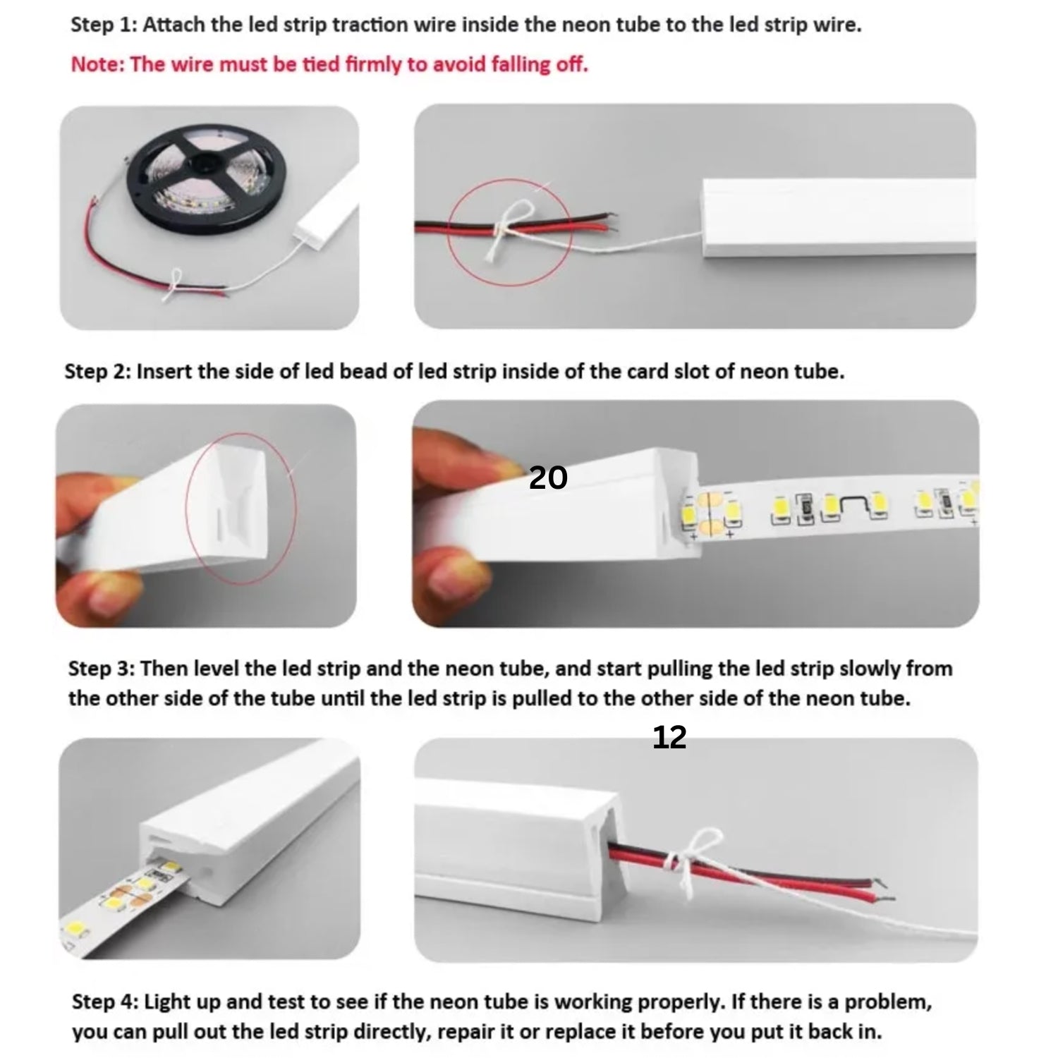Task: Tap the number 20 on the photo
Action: pos(548,478)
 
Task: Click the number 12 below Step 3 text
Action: pos(669,738)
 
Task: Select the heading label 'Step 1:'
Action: pos(104,25)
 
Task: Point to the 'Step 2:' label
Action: pos(97,372)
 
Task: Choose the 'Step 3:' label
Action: pos(102,668)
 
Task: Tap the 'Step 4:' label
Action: pos(105,1002)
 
